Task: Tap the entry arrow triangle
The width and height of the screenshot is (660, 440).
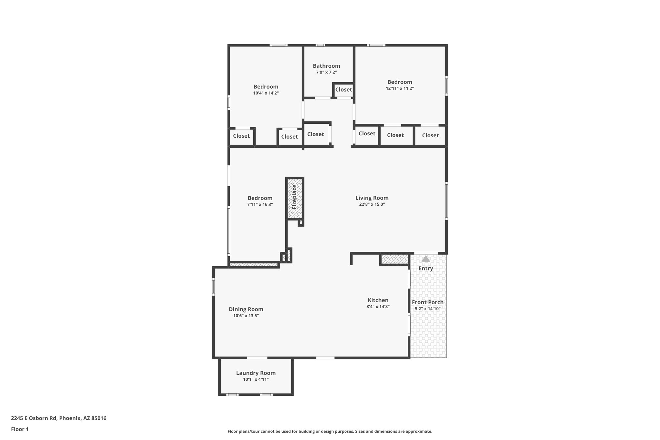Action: (426, 259)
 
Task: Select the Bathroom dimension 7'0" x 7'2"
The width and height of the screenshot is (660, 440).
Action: (326, 73)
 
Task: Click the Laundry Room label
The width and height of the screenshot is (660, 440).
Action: (256, 373)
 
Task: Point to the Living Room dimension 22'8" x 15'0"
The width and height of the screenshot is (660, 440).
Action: (372, 204)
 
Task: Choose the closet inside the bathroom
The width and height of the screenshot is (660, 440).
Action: (344, 90)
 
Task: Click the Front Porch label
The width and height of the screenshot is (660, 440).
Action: (428, 302)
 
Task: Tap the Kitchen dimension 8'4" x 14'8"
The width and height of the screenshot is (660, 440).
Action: (378, 307)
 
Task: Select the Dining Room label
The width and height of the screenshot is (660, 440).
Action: (246, 309)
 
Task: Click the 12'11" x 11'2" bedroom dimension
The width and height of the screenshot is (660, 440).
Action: (400, 88)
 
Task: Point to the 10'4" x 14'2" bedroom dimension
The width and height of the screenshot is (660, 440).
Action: (266, 93)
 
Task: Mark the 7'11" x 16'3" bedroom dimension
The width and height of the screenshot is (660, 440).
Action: (260, 204)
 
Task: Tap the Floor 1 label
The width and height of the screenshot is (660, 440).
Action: (20, 429)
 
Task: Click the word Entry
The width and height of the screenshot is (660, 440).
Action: (426, 268)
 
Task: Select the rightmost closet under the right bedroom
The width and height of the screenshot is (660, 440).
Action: (430, 135)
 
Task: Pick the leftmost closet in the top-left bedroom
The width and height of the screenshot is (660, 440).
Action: (241, 136)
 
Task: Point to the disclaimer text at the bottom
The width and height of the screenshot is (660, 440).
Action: (330, 431)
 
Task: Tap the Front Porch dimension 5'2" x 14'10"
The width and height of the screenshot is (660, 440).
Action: (428, 309)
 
